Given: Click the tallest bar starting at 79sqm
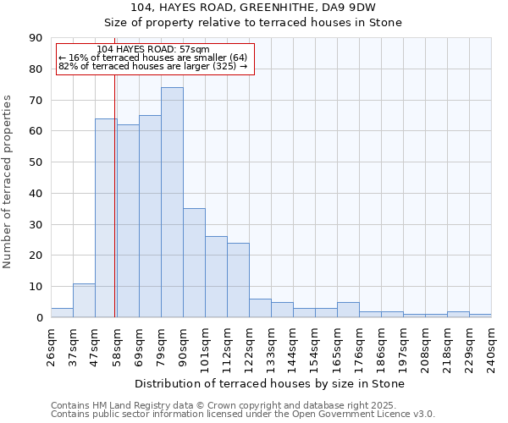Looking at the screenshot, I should pyautogui.click(x=172, y=202).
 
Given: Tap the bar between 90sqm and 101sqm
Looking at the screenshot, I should pyautogui.click(x=194, y=262).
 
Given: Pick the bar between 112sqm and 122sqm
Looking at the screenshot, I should pyautogui.click(x=238, y=280).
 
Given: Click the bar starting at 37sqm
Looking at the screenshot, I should pyautogui.click(x=84, y=300).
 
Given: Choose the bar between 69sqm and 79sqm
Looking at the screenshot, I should pyautogui.click(x=150, y=216).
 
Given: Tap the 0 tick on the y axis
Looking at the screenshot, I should pyautogui.click(x=39, y=318).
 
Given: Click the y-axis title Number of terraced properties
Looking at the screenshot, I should pyautogui.click(x=8, y=182).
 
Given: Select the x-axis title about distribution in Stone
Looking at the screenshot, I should pyautogui.click(x=270, y=383).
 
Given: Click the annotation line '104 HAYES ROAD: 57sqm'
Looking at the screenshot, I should pyautogui.click(x=153, y=50).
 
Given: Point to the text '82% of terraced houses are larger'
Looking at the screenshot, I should pyautogui.click(x=152, y=66).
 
